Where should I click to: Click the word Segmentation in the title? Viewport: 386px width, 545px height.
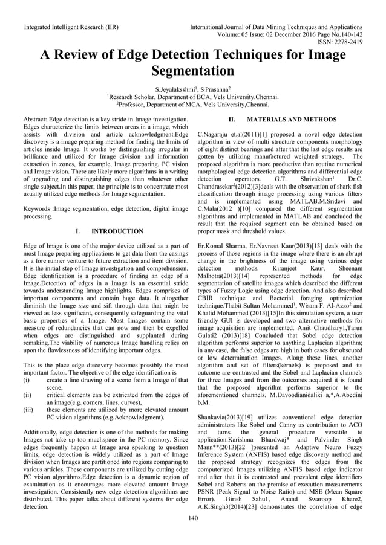point(192,75)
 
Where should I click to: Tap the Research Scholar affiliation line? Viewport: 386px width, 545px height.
point(192,97)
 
